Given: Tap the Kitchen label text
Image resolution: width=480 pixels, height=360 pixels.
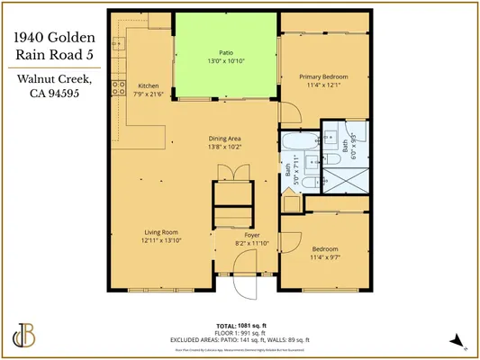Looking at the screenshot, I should (x=149, y=85).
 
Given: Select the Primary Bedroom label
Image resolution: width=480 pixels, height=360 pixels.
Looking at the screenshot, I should (x=322, y=76).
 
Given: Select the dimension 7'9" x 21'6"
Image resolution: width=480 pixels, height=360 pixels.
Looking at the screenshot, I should (x=149, y=94).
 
